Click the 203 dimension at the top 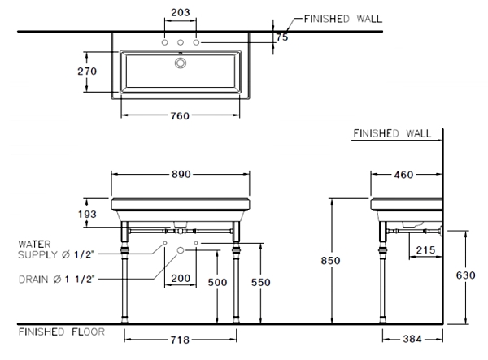[x=180, y=12]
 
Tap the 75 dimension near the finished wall [x=281, y=37]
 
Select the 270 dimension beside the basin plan [x=87, y=72]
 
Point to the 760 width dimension [x=180, y=115]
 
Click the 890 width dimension [x=181, y=175]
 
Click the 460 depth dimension [x=404, y=175]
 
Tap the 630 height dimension [x=464, y=275]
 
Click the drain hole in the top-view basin [x=181, y=62]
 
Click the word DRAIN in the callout [x=33, y=279]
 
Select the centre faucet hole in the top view [x=181, y=41]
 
